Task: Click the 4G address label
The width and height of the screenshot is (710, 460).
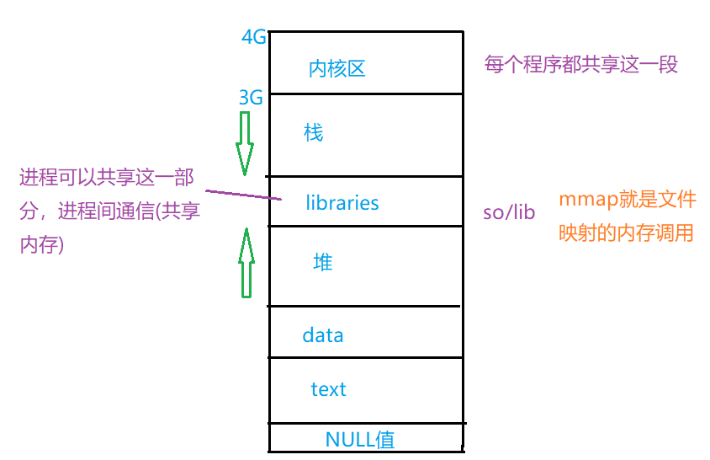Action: [x=253, y=38]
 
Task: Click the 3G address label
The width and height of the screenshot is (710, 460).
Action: [x=251, y=99]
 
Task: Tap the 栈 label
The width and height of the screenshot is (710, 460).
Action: [x=313, y=133]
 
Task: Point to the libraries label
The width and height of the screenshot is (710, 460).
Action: [x=342, y=203]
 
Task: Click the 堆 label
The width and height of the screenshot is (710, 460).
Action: [x=322, y=263]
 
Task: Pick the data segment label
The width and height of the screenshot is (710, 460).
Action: [x=323, y=335]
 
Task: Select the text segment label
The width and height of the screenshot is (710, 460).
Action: [x=328, y=389]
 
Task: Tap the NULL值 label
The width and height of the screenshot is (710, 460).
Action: [x=359, y=439]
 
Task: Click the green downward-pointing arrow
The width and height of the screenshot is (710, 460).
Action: [x=245, y=143]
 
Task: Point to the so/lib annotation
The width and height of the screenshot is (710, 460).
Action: [x=509, y=212]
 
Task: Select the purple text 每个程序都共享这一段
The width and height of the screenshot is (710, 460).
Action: [x=581, y=64]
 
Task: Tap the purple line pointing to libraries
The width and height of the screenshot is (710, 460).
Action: [x=243, y=193]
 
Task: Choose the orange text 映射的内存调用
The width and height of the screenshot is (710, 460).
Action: [x=627, y=233]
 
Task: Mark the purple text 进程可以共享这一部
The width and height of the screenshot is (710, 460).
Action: [x=107, y=178]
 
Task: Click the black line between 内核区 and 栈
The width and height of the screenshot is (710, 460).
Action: [x=366, y=94]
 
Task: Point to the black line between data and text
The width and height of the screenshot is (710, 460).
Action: [x=366, y=357]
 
